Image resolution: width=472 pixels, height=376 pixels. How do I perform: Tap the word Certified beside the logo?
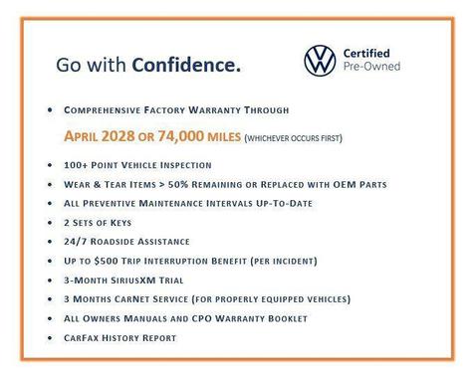368,53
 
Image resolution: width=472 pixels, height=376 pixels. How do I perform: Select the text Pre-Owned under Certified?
372,68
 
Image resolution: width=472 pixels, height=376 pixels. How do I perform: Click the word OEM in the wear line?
340,185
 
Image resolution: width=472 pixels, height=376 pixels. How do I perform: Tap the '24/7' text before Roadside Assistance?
76,241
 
